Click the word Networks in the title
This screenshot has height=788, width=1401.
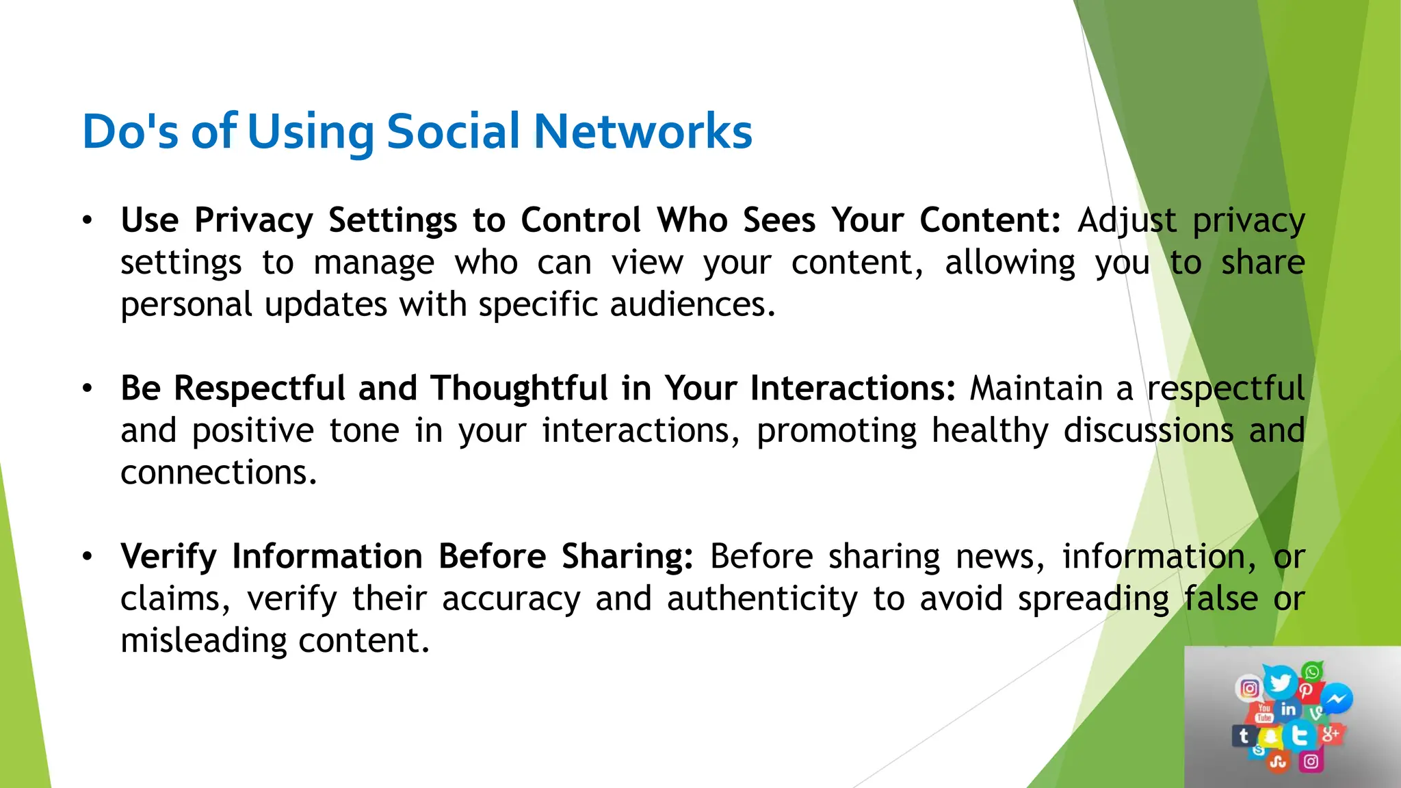[x=642, y=131]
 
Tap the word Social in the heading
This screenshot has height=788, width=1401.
[x=453, y=131]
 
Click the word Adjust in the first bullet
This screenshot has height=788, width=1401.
[x=1127, y=221]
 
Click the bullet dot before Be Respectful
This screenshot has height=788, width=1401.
[x=87, y=389]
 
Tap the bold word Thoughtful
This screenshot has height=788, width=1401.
[x=519, y=389]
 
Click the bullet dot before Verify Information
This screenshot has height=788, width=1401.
[x=87, y=556]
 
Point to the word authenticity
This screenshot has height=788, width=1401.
[x=762, y=599]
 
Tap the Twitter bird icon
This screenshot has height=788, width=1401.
[x=1279, y=682]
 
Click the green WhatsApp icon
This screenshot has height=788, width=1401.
[x=1312, y=672]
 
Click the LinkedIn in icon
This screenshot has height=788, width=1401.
[x=1288, y=709]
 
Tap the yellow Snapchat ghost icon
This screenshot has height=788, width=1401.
[x=1270, y=737]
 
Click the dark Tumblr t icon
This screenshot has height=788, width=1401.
[x=1244, y=736]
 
